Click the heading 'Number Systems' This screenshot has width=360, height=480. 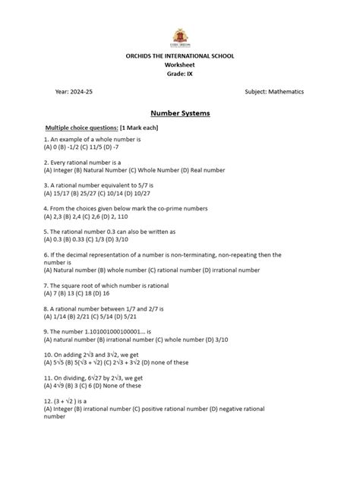click(x=179, y=112)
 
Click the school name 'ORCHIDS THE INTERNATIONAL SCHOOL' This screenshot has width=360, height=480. click(x=179, y=56)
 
